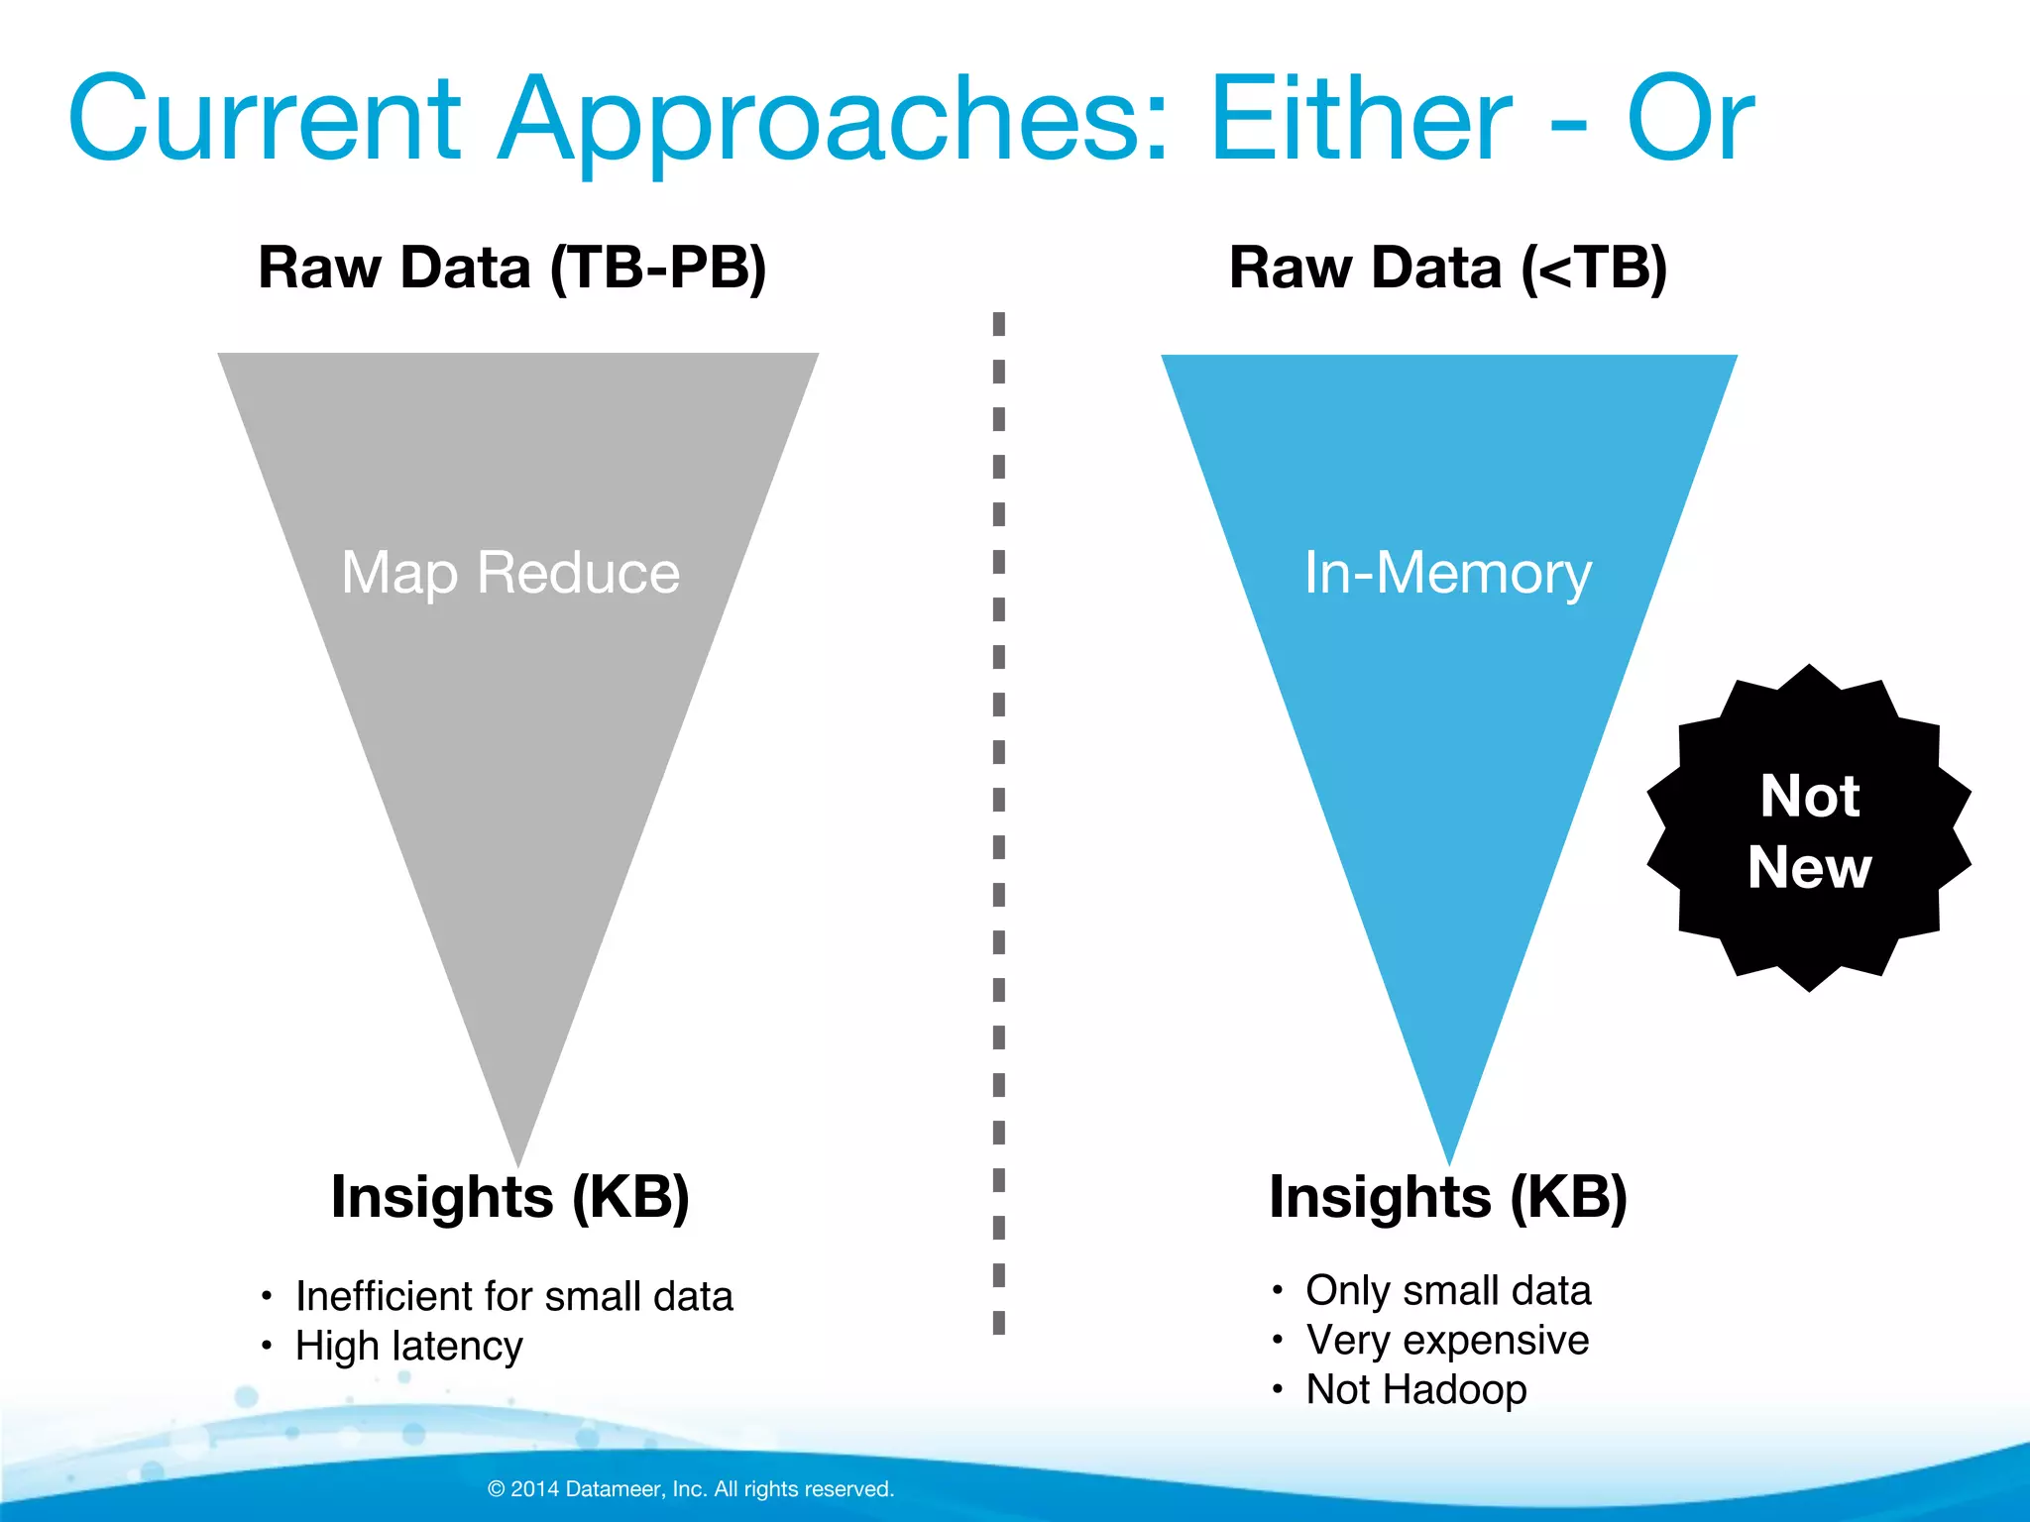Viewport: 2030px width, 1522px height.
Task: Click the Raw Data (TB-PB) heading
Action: [x=512, y=268]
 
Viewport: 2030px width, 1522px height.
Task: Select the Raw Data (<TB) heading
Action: [x=1448, y=268]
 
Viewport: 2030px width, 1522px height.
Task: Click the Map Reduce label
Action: [x=510, y=573]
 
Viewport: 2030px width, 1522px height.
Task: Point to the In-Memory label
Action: [x=1447, y=573]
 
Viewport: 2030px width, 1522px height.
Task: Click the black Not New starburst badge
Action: [x=1809, y=829]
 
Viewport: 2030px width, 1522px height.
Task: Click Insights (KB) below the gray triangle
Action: [x=510, y=1197]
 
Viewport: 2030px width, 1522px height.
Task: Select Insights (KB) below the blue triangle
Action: [x=1448, y=1197]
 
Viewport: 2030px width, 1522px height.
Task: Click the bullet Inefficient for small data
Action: [x=513, y=1296]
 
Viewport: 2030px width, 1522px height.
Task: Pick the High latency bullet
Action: [x=408, y=1346]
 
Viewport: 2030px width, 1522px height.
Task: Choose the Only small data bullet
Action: [x=1447, y=1290]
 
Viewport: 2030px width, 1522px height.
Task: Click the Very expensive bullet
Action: [x=1447, y=1340]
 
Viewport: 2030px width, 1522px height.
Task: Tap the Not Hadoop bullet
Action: [x=1415, y=1389]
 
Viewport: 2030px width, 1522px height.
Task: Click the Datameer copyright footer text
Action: [x=691, y=1488]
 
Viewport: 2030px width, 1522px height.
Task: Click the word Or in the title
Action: [x=1691, y=119]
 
